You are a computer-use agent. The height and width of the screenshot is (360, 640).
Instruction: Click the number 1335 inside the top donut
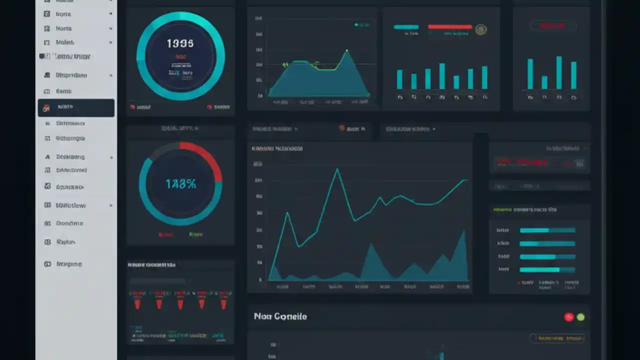179,44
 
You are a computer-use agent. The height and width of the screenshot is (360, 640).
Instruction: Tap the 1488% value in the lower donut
180,184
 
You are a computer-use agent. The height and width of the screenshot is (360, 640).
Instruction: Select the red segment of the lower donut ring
205,155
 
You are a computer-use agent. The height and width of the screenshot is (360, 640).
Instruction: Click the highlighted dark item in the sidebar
76,107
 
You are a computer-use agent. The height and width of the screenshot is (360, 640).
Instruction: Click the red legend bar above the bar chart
449,27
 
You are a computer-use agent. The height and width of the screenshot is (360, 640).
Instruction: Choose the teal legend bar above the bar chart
406,27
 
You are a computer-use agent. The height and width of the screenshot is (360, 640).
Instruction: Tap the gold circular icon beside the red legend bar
480,29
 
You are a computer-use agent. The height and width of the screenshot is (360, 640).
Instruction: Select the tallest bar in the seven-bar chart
442,76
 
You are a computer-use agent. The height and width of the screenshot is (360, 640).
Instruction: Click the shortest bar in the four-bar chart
544,82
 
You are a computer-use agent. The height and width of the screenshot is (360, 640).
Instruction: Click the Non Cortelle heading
280,316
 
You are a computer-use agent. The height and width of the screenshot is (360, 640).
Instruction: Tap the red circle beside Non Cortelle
568,317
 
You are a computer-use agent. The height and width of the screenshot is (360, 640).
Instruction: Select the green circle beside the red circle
580,317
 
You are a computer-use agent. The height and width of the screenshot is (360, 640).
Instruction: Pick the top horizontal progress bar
547,230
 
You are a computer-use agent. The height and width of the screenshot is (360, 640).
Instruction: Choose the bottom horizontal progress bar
547,269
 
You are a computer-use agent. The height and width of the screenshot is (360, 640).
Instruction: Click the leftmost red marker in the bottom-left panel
137,303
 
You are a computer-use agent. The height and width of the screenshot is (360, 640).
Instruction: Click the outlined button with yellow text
557,338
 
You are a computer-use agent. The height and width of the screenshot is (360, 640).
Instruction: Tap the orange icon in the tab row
342,128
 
